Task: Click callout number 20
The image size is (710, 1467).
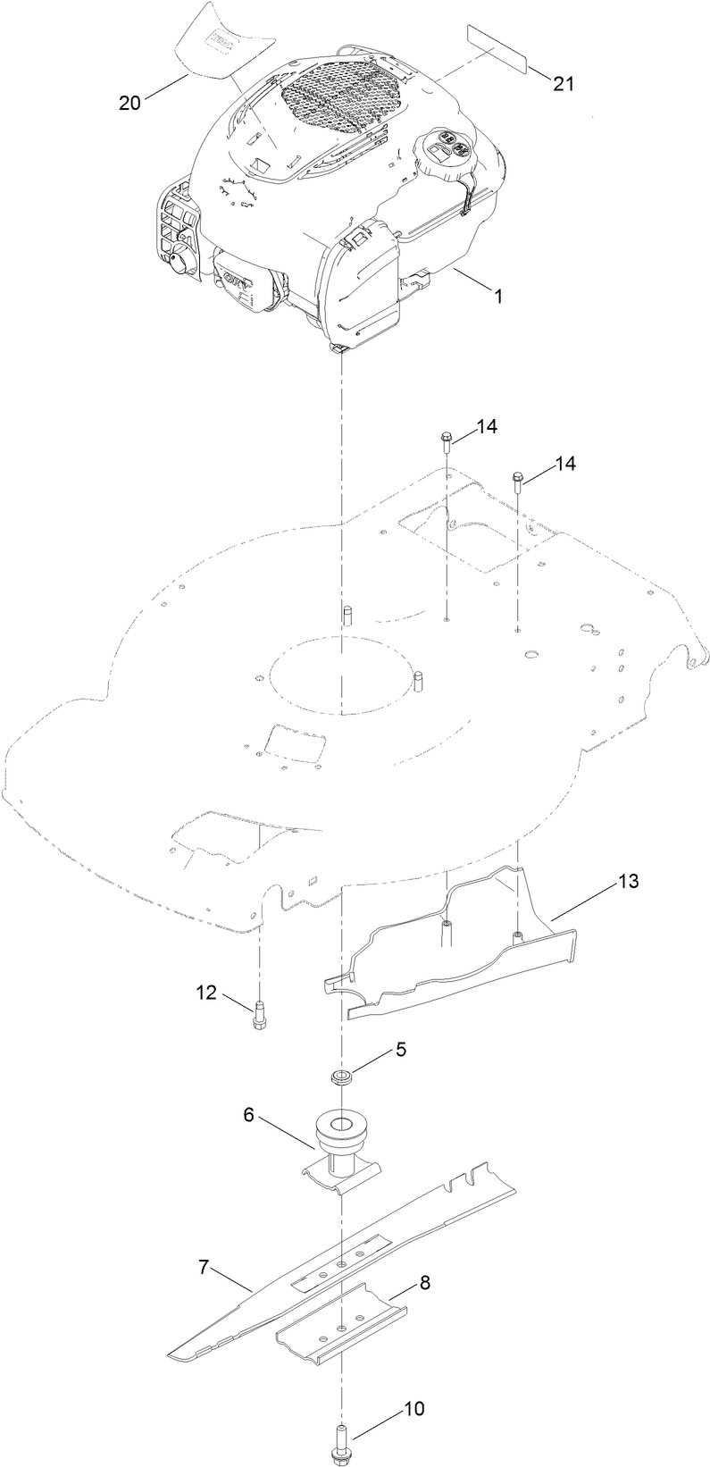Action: click(129, 103)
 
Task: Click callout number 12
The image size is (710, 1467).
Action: click(206, 992)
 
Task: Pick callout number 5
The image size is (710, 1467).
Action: click(401, 1049)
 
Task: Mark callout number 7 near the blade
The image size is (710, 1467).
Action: click(205, 1266)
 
